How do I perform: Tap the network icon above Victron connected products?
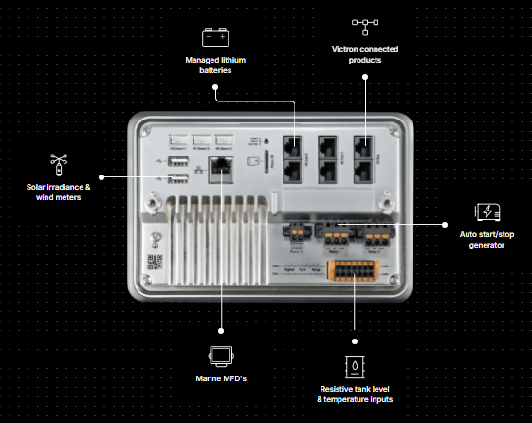click(x=363, y=26)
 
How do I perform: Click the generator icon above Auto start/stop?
click(x=486, y=212)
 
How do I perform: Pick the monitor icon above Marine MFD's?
click(x=221, y=356)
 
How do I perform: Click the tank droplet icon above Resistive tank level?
click(x=355, y=364)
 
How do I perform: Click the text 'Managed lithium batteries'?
click(x=214, y=64)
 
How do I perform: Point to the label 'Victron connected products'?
click(x=364, y=53)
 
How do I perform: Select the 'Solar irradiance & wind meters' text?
click(x=58, y=193)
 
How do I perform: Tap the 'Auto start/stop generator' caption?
click(x=486, y=240)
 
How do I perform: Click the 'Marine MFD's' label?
click(x=221, y=379)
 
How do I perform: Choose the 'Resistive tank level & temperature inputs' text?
click(x=356, y=394)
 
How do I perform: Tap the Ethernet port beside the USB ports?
click(x=222, y=169)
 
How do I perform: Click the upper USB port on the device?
click(x=177, y=163)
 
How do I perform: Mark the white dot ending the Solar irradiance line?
click(x=101, y=176)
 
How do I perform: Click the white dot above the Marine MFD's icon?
click(x=221, y=331)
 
